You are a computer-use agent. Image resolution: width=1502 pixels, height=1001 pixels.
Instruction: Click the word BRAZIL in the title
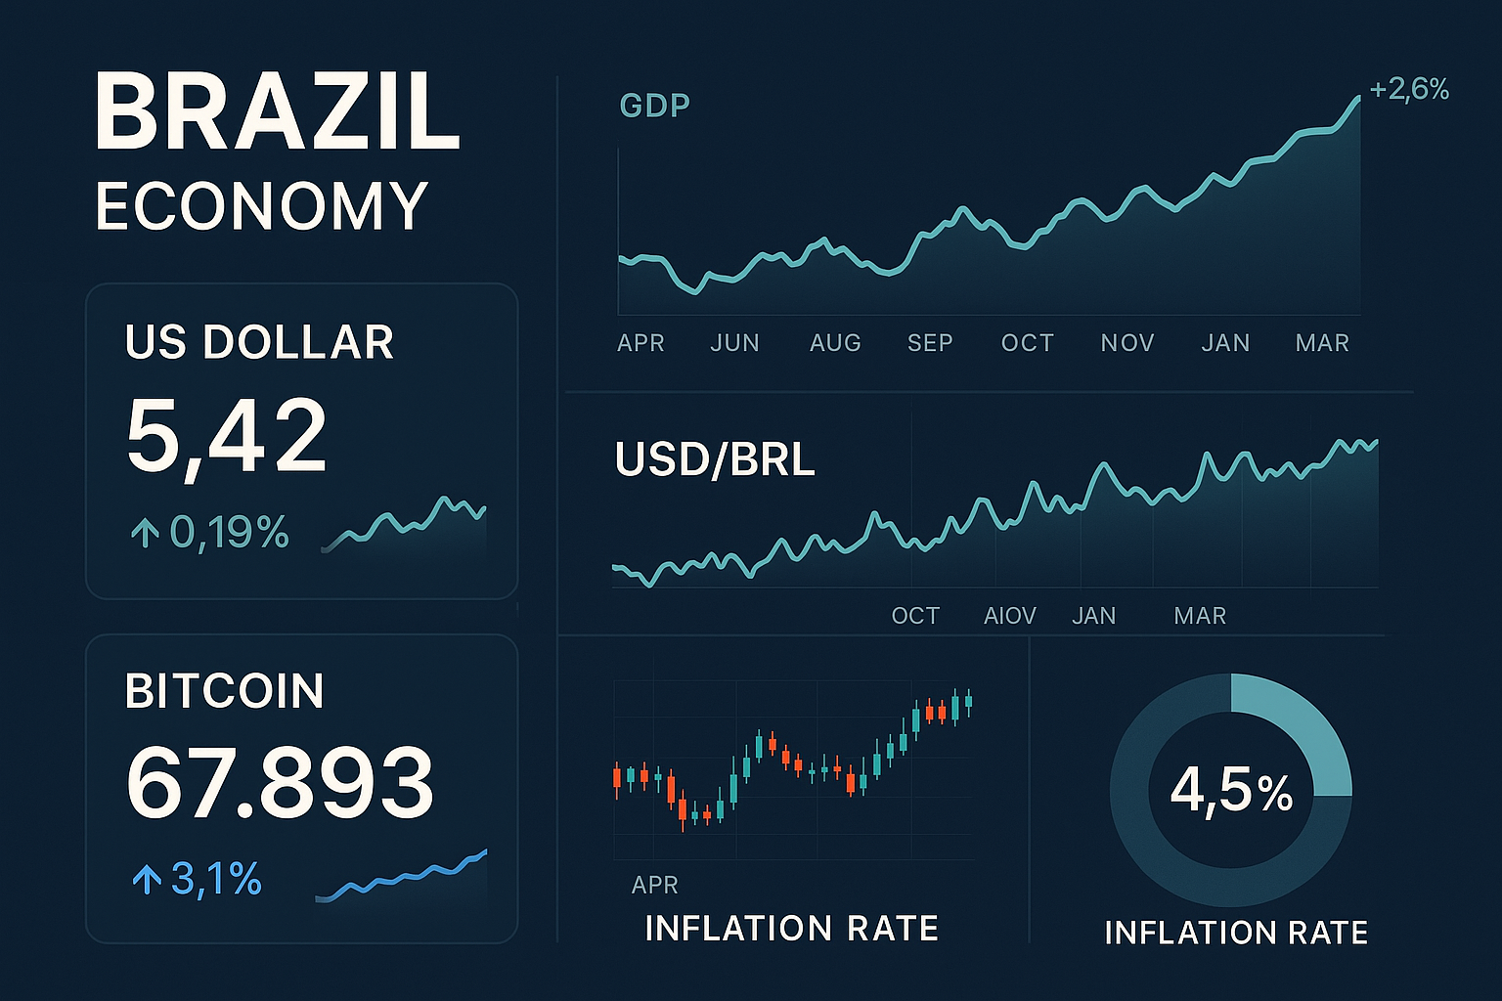277,111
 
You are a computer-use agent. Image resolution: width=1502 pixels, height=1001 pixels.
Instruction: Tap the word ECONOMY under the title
261,206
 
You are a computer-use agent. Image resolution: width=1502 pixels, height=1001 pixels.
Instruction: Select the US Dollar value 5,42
227,436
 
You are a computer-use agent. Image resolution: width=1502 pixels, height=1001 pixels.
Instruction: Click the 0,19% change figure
230,533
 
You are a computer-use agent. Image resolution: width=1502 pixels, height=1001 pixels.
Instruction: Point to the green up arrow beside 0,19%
145,533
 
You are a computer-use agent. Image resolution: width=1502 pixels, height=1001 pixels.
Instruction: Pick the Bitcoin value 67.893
280,783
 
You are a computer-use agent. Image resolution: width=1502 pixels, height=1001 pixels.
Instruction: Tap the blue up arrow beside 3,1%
147,880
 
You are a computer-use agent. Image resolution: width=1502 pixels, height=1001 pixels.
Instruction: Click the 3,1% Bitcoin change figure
216,880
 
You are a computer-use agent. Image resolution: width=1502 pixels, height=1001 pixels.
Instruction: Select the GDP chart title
655,106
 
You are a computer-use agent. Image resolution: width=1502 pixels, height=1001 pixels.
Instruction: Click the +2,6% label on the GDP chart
1409,90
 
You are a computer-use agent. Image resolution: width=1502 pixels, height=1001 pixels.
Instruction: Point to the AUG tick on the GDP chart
835,343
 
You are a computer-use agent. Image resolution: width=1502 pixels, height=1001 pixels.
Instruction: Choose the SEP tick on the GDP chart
930,343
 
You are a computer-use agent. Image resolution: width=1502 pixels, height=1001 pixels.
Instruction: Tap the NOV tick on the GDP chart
1127,343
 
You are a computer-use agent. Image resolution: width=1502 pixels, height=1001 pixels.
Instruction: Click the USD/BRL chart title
715,459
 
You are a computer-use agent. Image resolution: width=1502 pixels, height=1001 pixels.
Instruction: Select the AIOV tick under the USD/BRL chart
1009,616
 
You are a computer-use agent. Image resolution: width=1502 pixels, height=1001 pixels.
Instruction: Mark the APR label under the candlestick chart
655,885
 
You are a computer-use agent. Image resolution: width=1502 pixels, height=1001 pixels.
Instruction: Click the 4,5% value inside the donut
1231,790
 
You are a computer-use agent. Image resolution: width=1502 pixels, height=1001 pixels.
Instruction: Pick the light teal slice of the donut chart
1296,728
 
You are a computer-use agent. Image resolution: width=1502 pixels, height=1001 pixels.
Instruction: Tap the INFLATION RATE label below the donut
1236,933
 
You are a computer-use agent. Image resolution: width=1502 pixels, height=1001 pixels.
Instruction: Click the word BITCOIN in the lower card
225,691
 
